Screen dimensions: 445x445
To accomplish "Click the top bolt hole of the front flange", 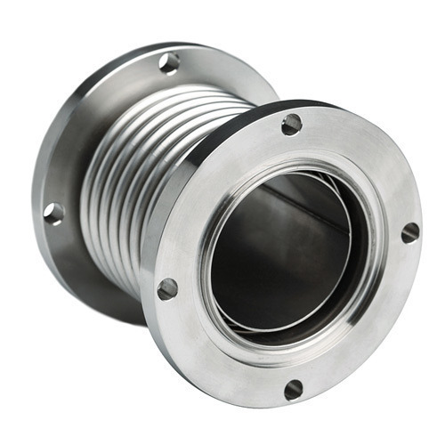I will tap(292, 125).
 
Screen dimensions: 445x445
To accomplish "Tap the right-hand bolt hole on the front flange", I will tap(409, 232).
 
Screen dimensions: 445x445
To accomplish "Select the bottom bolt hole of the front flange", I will tap(294, 389).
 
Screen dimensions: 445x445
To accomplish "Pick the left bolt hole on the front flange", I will tap(167, 288).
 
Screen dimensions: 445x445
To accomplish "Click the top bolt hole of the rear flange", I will tap(169, 63).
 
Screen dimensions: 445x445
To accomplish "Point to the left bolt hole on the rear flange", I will tap(53, 214).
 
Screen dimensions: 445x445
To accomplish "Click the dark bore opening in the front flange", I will tap(276, 240).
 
